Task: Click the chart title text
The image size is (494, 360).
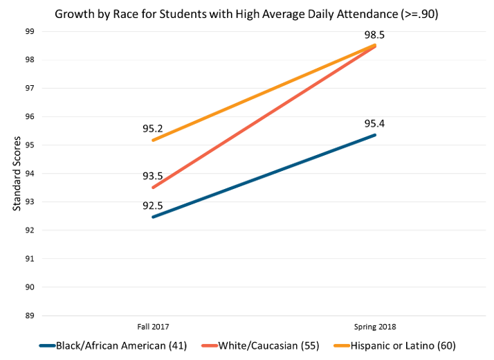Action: point(247,13)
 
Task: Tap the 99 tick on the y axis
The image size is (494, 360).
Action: point(29,31)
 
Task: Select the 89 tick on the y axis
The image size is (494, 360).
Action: point(29,316)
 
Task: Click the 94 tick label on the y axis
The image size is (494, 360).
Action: point(29,174)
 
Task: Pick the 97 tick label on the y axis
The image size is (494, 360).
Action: point(29,89)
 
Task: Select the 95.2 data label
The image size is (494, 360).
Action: point(153,129)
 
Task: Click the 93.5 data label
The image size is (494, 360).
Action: point(153,176)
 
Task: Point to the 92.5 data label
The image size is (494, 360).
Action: point(153,205)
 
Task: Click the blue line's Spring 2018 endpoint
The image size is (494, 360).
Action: point(376,134)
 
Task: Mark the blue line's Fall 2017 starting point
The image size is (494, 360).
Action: point(152,217)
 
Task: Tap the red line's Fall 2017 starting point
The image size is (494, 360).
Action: point(152,188)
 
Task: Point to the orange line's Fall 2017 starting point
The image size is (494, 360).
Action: point(152,141)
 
